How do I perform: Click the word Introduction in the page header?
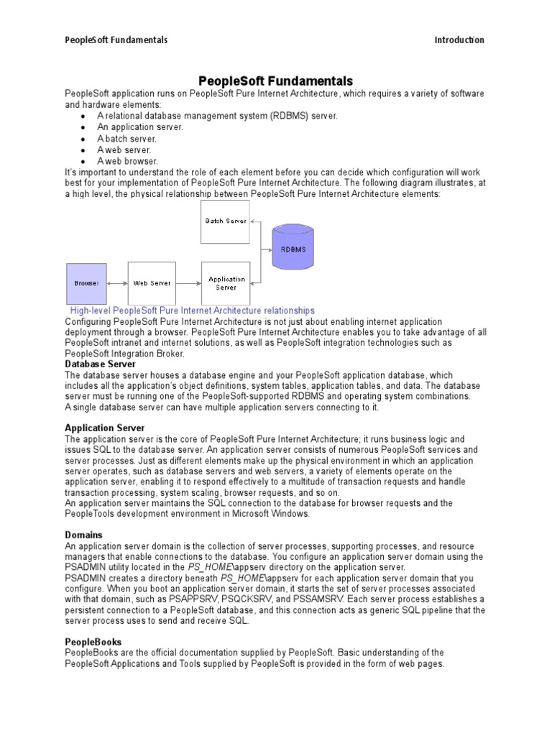tap(459, 40)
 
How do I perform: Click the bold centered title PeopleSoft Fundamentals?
tap(275, 81)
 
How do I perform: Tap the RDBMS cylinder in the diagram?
tap(293, 249)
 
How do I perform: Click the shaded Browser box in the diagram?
tap(86, 283)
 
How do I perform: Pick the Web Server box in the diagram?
tap(152, 283)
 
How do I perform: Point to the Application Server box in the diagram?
tap(226, 283)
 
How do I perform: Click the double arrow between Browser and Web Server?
tap(116, 283)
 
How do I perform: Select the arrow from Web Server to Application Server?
tap(188, 283)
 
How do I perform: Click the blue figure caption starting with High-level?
tap(192, 310)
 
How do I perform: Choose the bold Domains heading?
tap(83, 535)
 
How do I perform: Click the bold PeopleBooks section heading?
tap(93, 642)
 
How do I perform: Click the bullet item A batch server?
tap(127, 139)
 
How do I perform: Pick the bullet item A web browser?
tap(128, 161)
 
